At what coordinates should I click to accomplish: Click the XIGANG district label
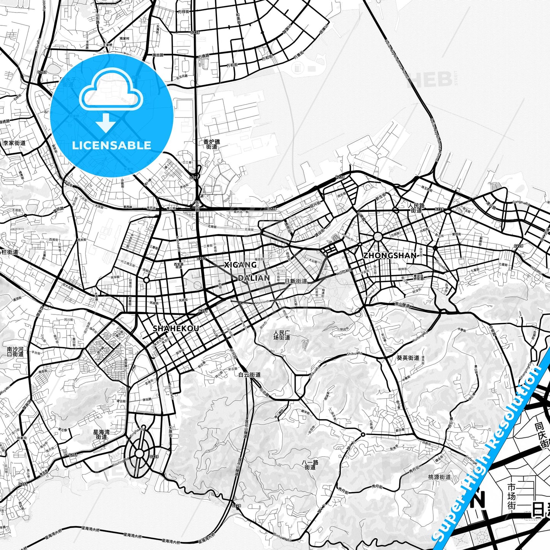pyautogui.click(x=240, y=265)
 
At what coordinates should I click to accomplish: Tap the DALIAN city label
pyautogui.click(x=254, y=278)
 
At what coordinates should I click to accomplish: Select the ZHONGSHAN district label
pyautogui.click(x=389, y=255)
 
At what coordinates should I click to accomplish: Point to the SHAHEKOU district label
pyautogui.click(x=175, y=328)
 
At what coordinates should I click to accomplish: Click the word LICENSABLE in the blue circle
pyautogui.click(x=112, y=145)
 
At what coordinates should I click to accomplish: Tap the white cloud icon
pyautogui.click(x=111, y=90)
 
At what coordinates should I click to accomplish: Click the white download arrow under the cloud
pyautogui.click(x=106, y=123)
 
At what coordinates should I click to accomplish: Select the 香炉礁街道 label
pyautogui.click(x=212, y=144)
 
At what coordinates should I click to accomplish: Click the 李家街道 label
pyautogui.click(x=14, y=143)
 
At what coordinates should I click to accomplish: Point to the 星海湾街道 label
pyautogui.click(x=101, y=435)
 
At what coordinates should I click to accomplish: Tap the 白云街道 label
pyautogui.click(x=249, y=375)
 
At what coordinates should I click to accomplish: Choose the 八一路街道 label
pyautogui.click(x=310, y=465)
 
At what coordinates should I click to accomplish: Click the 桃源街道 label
pyautogui.click(x=439, y=477)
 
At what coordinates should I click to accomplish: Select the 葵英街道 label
pyautogui.click(x=408, y=358)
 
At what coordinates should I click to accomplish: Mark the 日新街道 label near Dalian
pyautogui.click(x=296, y=281)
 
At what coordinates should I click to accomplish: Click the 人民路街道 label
pyautogui.click(x=416, y=207)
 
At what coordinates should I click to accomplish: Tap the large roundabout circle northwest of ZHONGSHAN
pyautogui.click(x=378, y=237)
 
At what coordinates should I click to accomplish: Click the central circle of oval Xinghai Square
pyautogui.click(x=140, y=453)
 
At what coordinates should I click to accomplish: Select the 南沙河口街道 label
pyautogui.click(x=15, y=351)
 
